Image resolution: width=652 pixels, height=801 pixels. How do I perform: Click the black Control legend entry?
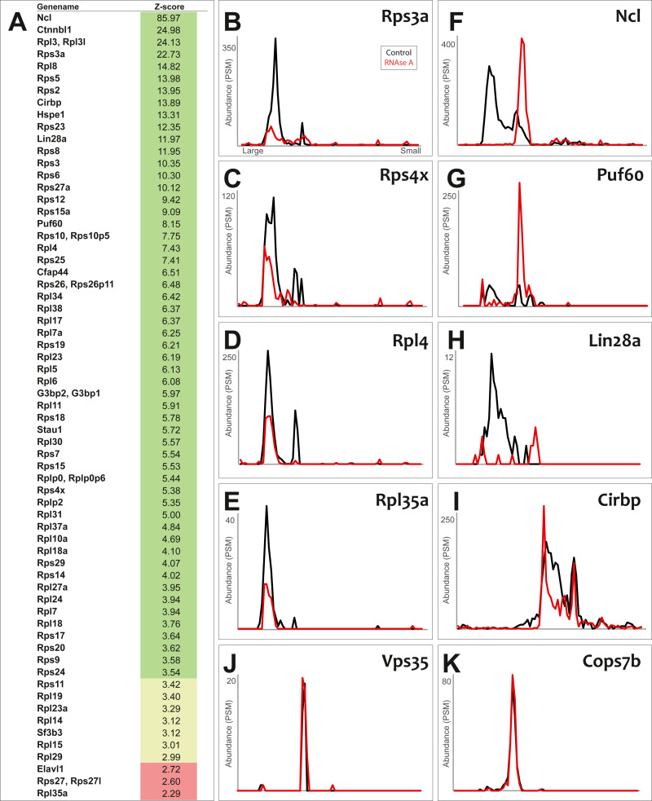(399, 52)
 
